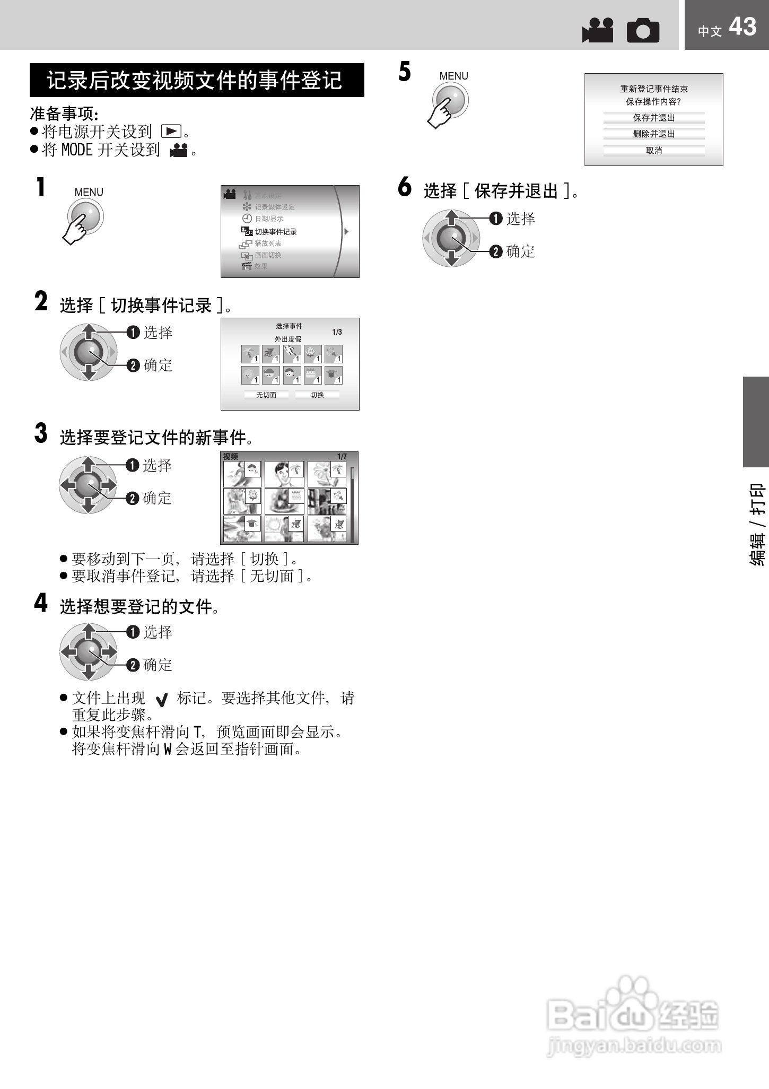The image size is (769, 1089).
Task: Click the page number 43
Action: [x=742, y=27]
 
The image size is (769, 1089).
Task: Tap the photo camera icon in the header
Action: [x=643, y=31]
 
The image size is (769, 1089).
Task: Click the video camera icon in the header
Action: [x=598, y=31]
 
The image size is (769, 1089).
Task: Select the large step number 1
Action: [x=41, y=188]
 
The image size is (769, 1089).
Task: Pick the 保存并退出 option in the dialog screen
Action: [x=653, y=118]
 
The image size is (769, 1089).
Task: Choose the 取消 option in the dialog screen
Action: [x=653, y=151]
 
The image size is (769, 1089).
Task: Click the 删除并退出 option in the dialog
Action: [x=653, y=134]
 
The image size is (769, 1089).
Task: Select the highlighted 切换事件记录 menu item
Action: [x=275, y=232]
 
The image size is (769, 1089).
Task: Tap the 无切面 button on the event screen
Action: [x=266, y=395]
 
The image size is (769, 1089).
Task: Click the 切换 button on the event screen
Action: [x=317, y=395]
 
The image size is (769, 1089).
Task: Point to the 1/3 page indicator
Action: [x=337, y=332]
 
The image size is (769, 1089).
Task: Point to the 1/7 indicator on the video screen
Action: [x=342, y=457]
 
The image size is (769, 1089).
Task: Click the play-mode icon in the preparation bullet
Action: [x=171, y=132]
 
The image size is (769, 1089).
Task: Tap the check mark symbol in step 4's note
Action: [x=162, y=700]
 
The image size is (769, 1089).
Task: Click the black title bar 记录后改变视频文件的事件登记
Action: [x=197, y=80]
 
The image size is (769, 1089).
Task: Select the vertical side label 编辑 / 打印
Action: [x=757, y=524]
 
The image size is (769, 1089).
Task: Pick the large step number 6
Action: [x=405, y=187]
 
